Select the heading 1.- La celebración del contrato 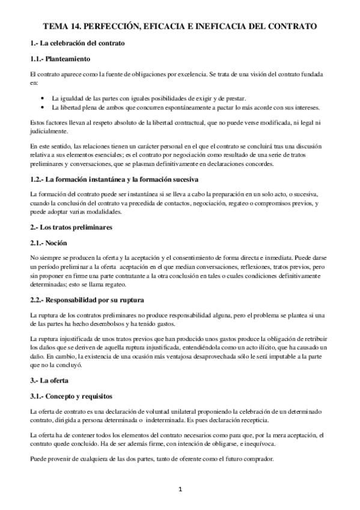click(x=78, y=44)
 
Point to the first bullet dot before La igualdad click(x=41, y=98)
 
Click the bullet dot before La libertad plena click(x=41, y=108)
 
